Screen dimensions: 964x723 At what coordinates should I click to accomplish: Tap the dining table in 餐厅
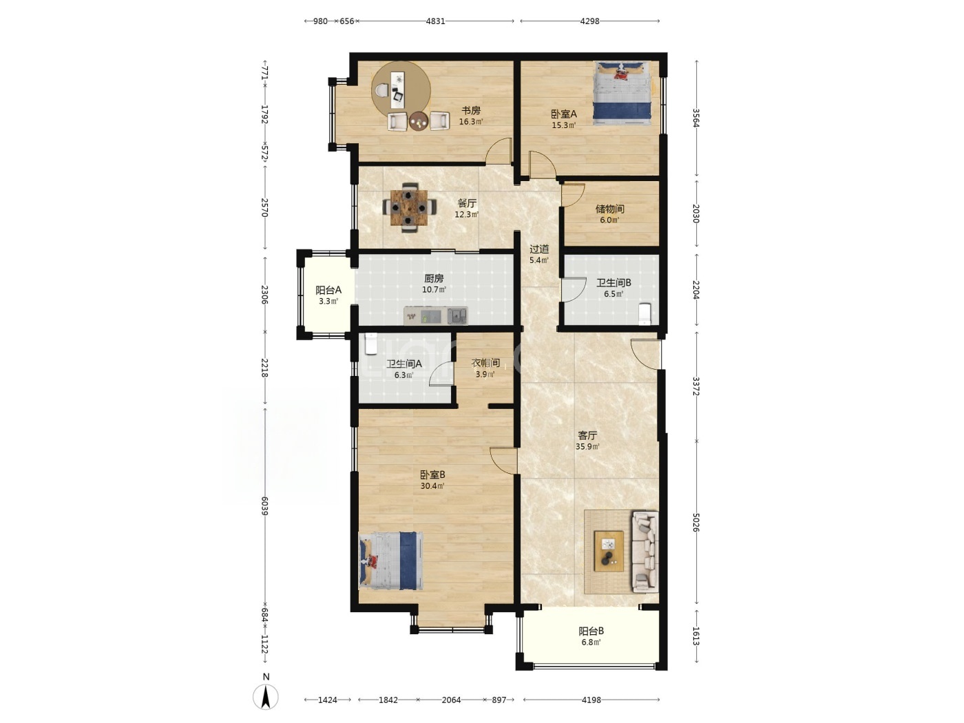[409, 207]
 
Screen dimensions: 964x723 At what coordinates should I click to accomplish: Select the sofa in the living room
[645, 552]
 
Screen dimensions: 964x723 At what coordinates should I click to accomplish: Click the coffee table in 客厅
[609, 551]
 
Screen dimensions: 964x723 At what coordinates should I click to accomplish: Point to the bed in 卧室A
[622, 93]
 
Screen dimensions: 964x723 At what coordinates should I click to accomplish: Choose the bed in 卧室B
[391, 560]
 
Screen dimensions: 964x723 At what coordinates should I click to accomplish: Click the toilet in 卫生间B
[645, 313]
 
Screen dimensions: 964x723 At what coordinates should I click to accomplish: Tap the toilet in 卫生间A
[372, 344]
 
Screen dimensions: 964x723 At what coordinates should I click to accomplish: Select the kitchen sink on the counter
[457, 315]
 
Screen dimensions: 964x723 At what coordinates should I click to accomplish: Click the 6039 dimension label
[264, 506]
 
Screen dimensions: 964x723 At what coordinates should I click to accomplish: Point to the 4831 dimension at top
[435, 21]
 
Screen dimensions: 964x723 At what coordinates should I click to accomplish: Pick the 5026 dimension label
[695, 523]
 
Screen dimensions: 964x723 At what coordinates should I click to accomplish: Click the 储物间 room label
[609, 209]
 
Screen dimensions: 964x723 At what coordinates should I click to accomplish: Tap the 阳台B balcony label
[591, 631]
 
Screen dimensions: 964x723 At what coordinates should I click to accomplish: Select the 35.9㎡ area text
[587, 447]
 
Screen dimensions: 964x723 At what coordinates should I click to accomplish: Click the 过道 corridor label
[539, 249]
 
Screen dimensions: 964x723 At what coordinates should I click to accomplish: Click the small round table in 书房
[111, 121]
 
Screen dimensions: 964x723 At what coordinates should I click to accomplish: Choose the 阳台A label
[328, 290]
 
